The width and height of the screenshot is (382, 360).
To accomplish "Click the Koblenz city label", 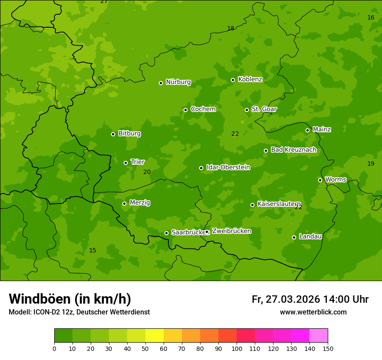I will click(x=250, y=79).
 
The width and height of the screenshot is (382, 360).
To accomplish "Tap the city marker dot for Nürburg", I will click(x=161, y=83).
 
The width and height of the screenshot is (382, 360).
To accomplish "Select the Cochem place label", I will click(x=203, y=109).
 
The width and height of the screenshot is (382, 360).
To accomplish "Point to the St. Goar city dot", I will click(x=247, y=110).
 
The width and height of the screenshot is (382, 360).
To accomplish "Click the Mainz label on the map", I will click(x=322, y=129).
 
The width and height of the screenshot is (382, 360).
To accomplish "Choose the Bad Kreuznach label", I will click(x=293, y=150).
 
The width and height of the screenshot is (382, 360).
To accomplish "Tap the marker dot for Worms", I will click(x=320, y=180).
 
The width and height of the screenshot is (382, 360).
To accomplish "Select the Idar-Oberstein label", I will click(x=228, y=167).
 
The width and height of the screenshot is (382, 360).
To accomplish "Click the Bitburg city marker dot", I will click(x=113, y=134).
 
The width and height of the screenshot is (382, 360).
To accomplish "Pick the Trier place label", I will click(x=137, y=162).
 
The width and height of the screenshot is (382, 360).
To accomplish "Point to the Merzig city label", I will click(x=140, y=203).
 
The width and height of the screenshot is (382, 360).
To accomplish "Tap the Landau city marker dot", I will click(x=294, y=237).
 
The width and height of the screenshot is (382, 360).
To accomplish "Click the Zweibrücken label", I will click(x=231, y=231).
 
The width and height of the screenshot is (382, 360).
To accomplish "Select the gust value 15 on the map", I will click(x=92, y=250).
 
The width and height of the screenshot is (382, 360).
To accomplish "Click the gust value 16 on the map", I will click(x=371, y=17).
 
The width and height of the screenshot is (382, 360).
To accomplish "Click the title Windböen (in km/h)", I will click(x=70, y=299).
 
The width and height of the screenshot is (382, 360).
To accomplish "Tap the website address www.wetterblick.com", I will click(x=313, y=312).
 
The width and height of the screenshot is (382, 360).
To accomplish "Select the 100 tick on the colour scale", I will click(x=237, y=348).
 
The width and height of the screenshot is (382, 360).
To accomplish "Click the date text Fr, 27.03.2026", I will click(x=286, y=299).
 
